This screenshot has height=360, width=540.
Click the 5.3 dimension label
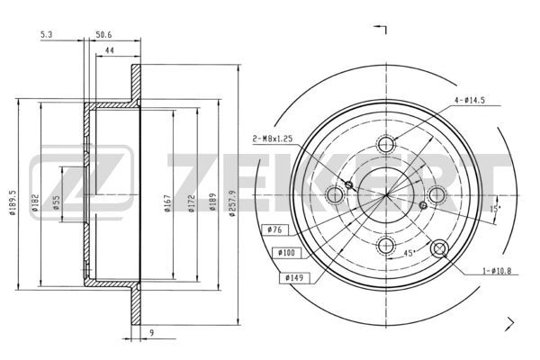(x=46, y=34)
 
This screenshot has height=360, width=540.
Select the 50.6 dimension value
(x=103, y=34)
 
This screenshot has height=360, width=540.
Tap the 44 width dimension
(x=110, y=50)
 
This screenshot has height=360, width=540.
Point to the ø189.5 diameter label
(x=12, y=202)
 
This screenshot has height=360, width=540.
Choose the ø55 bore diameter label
(x=57, y=202)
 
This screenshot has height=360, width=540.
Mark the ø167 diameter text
(x=167, y=203)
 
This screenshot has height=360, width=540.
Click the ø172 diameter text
(x=192, y=203)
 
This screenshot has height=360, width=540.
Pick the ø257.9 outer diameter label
(x=232, y=203)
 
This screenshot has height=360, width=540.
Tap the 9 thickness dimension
(x=152, y=332)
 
